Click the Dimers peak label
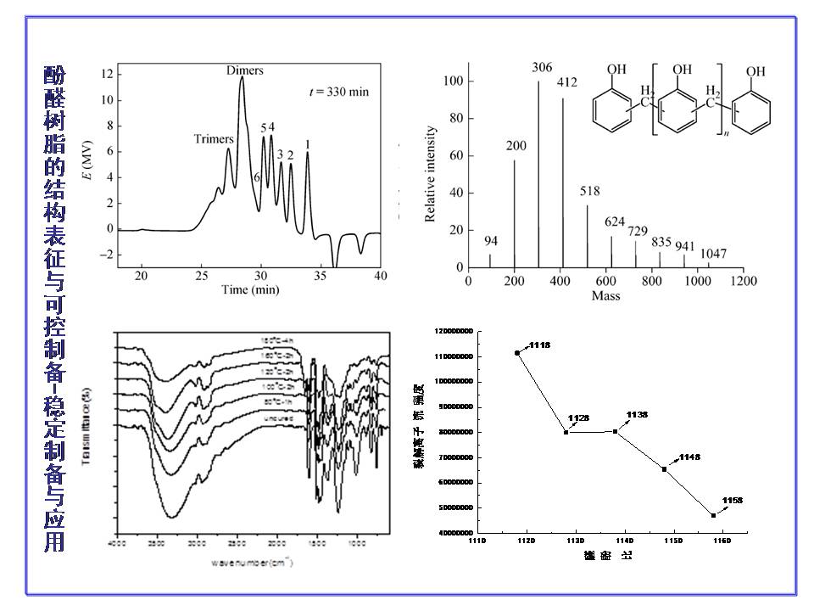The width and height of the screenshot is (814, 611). tap(245, 70)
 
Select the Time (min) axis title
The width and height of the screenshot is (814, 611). tap(250, 290)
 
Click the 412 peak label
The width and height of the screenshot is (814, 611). tap(567, 83)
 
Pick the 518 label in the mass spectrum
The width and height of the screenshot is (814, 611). tap(590, 192)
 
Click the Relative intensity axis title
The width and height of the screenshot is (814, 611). tap(431, 174)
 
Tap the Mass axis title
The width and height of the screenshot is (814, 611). tap(606, 296)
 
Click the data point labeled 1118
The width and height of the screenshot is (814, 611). tap(517, 352)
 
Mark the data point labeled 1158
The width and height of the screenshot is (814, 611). tap(714, 515)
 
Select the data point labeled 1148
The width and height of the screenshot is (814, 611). tap(665, 469)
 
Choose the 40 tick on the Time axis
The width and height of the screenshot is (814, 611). tap(381, 277)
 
